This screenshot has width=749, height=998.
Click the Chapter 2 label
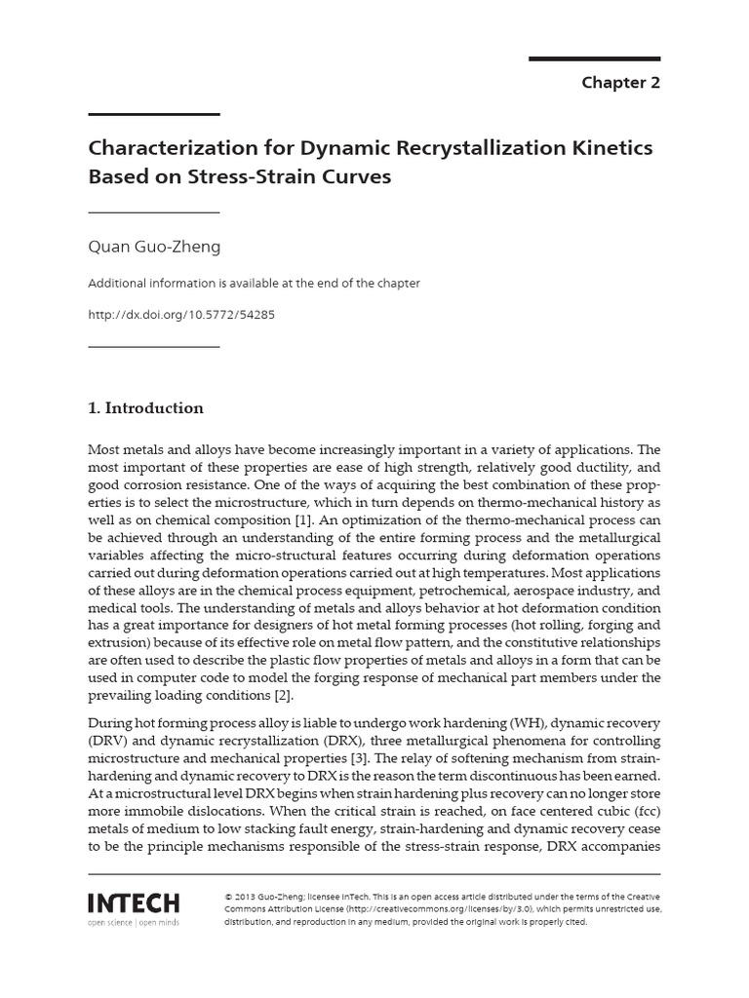(620, 83)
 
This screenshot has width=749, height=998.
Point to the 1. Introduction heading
(145, 408)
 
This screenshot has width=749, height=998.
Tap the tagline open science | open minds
(134, 921)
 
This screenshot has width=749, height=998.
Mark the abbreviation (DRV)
(105, 741)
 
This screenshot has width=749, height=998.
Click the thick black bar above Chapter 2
(595, 59)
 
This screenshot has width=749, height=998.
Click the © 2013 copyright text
(246, 896)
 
